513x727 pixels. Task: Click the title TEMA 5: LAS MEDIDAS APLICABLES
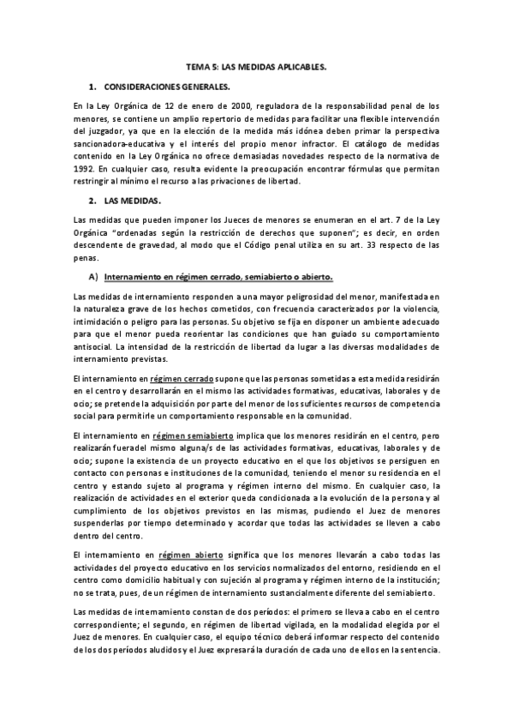point(256,65)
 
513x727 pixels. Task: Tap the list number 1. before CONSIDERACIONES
point(92,87)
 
